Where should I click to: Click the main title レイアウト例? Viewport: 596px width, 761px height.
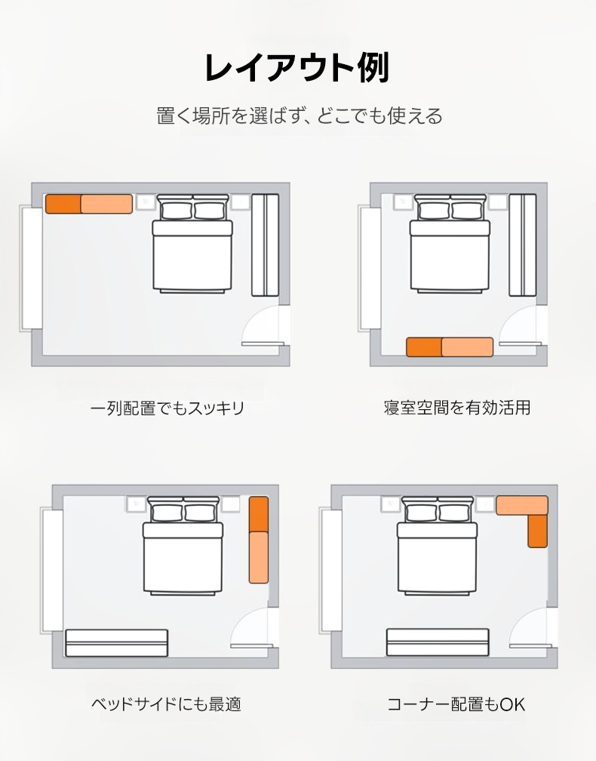(x=296, y=67)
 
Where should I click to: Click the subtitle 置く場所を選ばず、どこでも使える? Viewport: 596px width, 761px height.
(x=300, y=116)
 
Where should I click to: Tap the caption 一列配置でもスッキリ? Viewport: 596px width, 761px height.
(x=167, y=408)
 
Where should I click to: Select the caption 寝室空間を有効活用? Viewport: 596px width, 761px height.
(x=457, y=407)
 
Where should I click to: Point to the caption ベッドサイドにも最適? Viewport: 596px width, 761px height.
(x=166, y=704)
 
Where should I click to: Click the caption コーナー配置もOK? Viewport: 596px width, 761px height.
(x=456, y=704)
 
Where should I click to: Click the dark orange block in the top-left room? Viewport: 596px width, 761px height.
(x=63, y=204)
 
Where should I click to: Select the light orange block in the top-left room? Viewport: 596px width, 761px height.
(x=106, y=204)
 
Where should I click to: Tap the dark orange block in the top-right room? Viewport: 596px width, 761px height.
(x=424, y=347)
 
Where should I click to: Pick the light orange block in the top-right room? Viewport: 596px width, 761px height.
(x=468, y=347)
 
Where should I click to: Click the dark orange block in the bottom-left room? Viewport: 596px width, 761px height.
(x=259, y=514)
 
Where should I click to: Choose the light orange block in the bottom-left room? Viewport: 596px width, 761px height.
(x=259, y=558)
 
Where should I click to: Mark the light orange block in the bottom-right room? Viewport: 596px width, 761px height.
(x=522, y=505)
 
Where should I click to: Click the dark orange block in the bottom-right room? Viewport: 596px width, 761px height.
(x=537, y=531)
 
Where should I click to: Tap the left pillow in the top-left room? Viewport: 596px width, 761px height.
(x=177, y=211)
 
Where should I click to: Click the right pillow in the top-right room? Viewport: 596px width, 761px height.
(x=466, y=211)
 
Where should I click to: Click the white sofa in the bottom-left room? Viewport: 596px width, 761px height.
(x=116, y=643)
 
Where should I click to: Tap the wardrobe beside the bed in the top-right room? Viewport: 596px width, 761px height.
(x=523, y=245)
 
